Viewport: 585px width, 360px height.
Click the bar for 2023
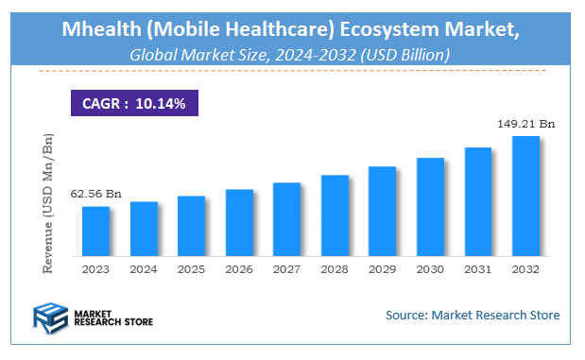(x=95, y=231)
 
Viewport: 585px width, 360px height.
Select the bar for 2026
(x=239, y=223)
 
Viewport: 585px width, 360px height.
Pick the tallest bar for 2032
(x=525, y=197)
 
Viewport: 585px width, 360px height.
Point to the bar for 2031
(x=478, y=202)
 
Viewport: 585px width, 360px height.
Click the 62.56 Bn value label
(x=95, y=194)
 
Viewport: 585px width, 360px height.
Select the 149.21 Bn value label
(x=525, y=123)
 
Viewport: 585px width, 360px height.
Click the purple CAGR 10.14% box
(x=133, y=102)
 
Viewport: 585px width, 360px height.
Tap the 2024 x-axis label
(x=144, y=269)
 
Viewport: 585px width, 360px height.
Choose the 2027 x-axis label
(x=286, y=269)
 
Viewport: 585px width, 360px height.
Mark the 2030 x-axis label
(x=430, y=269)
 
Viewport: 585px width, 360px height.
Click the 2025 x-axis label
(x=191, y=269)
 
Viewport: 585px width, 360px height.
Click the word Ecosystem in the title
(x=389, y=29)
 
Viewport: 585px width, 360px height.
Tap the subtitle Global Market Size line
(x=290, y=55)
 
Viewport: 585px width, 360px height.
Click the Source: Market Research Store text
(x=473, y=315)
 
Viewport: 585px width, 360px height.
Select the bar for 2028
(x=335, y=216)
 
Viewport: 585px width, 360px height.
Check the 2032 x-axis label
(x=525, y=269)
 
